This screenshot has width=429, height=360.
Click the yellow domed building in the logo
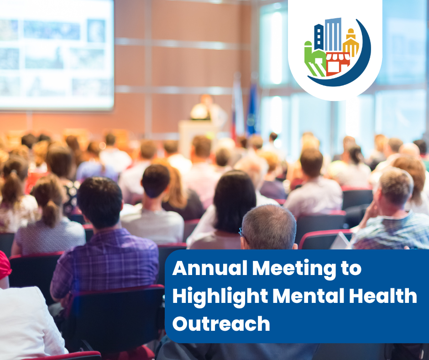coord(351,43)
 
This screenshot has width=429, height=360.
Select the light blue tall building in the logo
coord(333,34)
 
